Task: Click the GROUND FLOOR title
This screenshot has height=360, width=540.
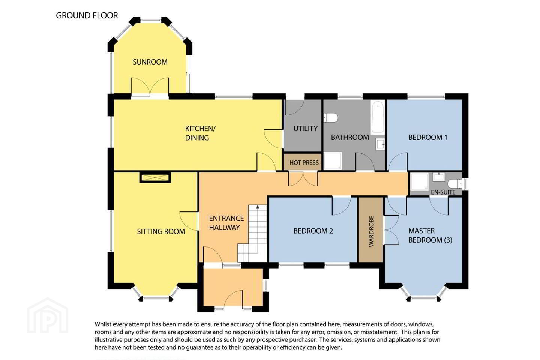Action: pyautogui.click(x=87, y=15)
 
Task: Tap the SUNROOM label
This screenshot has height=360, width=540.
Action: pyautogui.click(x=150, y=62)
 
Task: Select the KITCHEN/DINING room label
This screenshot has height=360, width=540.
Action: pyautogui.click(x=200, y=133)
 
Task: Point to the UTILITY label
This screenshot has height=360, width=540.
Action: pyautogui.click(x=305, y=129)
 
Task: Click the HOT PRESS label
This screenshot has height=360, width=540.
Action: pyautogui.click(x=304, y=163)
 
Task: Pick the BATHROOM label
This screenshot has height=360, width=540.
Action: pyautogui.click(x=350, y=138)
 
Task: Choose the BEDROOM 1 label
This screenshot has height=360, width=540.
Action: pyautogui.click(x=427, y=138)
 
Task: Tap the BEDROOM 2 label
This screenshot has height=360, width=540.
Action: pyautogui.click(x=313, y=231)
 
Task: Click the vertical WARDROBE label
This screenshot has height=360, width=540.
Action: pyautogui.click(x=371, y=231)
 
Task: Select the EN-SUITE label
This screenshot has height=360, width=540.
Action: pyautogui.click(x=443, y=192)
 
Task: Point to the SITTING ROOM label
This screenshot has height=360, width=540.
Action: pyautogui.click(x=161, y=231)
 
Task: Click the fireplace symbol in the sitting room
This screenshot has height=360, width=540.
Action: pyautogui.click(x=155, y=177)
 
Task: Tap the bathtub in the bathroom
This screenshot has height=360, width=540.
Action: pyautogui.click(x=378, y=117)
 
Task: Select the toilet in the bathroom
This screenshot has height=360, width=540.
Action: pyautogui.click(x=330, y=118)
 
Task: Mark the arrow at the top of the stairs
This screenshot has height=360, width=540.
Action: pyautogui.click(x=258, y=207)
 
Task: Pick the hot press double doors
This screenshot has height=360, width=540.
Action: pyautogui.click(x=303, y=178)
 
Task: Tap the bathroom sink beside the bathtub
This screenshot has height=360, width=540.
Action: pyautogui.click(x=380, y=144)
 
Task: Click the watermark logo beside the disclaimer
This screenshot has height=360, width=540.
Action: pyautogui.click(x=48, y=316)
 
